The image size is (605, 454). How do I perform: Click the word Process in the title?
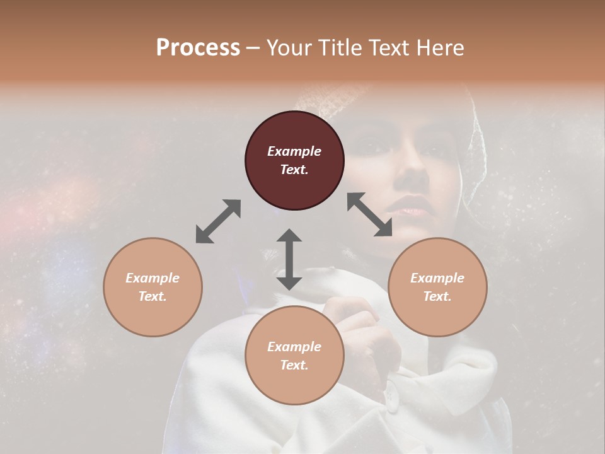pyautogui.click(x=198, y=47)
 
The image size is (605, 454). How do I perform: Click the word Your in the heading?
pyautogui.click(x=289, y=47)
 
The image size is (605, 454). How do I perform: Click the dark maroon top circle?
pyautogui.click(x=294, y=160)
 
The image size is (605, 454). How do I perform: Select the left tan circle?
pyautogui.click(x=153, y=287)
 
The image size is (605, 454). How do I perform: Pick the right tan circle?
pyautogui.click(x=437, y=287)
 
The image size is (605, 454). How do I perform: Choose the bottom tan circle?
pyautogui.click(x=294, y=356)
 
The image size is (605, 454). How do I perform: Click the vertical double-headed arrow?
pyautogui.click(x=289, y=259)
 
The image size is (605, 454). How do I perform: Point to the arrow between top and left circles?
pyautogui.click(x=218, y=221)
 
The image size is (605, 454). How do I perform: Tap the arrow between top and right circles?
pyautogui.click(x=369, y=214)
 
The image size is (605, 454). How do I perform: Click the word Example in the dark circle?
pyautogui.click(x=294, y=151)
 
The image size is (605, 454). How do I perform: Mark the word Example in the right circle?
pyautogui.click(x=437, y=278)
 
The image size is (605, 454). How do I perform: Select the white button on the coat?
pyautogui.click(x=392, y=395)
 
